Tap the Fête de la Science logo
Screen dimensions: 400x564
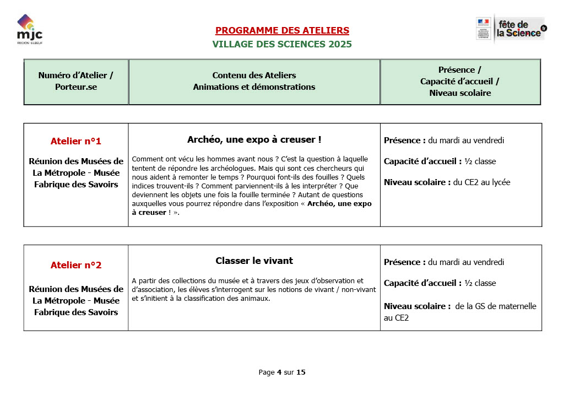coord(511,29)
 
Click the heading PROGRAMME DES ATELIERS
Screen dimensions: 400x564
coord(282,30)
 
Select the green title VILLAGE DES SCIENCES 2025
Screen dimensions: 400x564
coord(282,44)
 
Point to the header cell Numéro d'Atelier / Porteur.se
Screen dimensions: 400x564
coord(76,81)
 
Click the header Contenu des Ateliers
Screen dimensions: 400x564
coord(254,75)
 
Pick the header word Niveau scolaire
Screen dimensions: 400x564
coord(460,93)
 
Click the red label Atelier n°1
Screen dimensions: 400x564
coord(76,141)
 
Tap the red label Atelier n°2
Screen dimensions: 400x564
coord(76,265)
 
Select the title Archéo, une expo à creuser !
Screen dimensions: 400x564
coord(254,140)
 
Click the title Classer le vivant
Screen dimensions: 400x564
coord(254,261)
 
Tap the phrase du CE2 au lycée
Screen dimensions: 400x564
coord(481,182)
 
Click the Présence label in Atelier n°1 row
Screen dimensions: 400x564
coord(404,140)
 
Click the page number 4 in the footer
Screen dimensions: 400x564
coord(279,372)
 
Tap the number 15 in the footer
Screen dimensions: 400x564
coord(301,372)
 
